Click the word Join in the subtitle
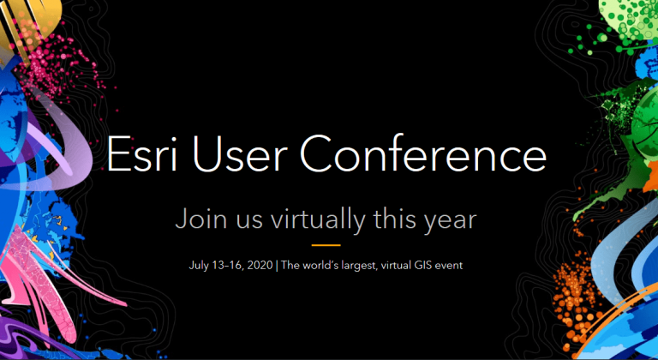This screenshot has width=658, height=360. coord(199,219)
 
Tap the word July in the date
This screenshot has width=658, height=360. coord(199,266)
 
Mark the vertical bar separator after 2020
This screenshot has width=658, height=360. coord(276,266)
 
